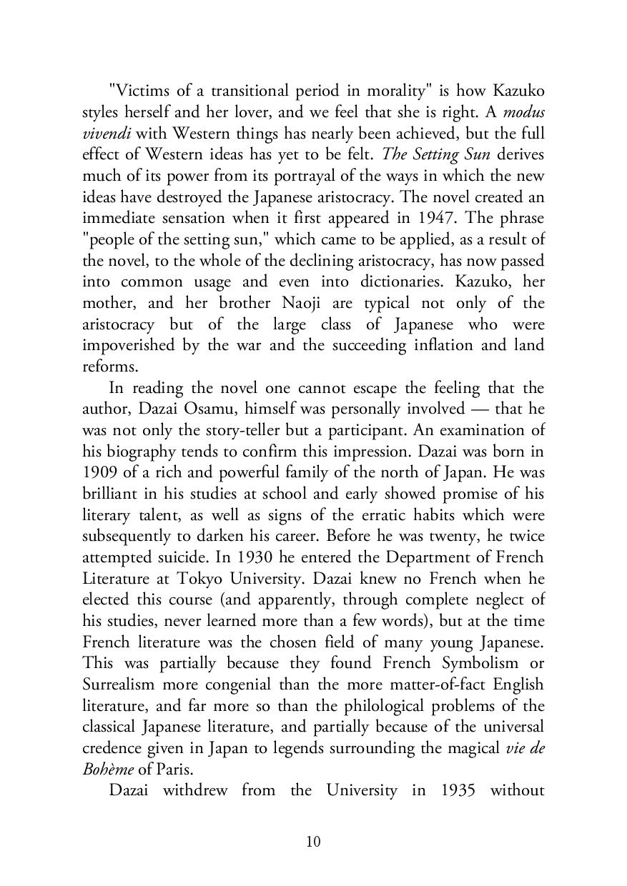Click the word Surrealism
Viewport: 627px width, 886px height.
tap(118, 685)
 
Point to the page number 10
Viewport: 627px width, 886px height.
tap(313, 842)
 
